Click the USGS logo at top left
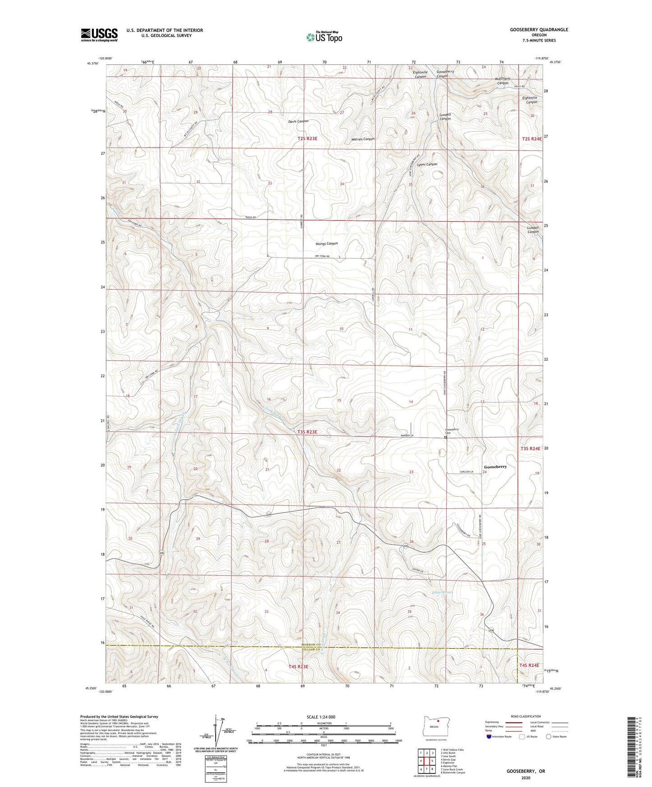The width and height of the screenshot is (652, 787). pos(99,34)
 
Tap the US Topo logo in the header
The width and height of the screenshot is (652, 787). pos(324,37)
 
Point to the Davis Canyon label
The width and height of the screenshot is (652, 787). pos(298,122)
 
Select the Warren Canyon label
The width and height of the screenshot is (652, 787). pos(363,139)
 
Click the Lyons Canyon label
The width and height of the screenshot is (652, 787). pos(427,165)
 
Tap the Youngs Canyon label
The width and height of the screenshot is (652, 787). pos(326,244)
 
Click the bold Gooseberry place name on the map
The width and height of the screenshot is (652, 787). pos(495,467)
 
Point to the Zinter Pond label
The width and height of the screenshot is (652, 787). pos(441,592)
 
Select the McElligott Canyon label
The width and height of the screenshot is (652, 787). pos(503,81)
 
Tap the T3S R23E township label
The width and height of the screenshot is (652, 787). pos(307,432)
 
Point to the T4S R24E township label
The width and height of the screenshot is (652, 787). pos(529,665)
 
